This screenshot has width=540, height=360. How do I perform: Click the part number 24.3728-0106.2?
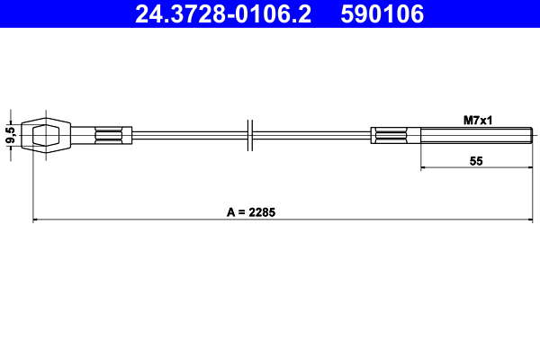point(223,13)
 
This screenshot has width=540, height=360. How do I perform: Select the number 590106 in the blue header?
point(382,13)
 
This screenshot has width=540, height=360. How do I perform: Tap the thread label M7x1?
point(478,121)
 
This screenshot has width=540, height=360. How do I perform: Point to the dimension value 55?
point(476,161)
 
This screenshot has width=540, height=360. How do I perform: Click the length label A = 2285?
point(251,212)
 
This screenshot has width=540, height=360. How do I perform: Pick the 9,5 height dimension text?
point(12,135)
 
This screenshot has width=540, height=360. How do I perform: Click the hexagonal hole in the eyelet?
point(46,135)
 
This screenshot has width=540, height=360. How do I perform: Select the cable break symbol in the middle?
point(250,135)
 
